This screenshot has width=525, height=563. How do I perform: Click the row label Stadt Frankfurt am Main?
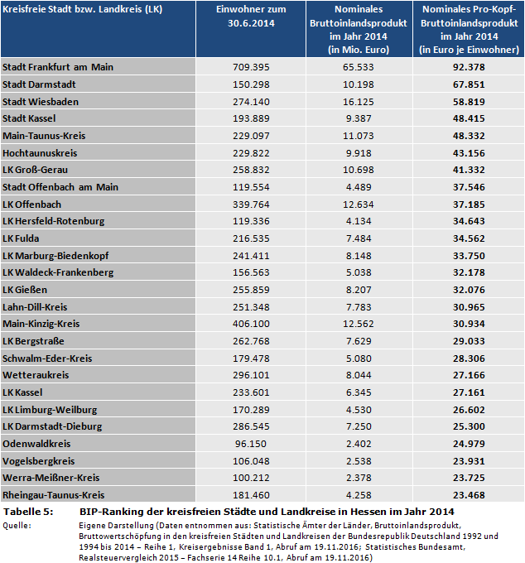pos(57,66)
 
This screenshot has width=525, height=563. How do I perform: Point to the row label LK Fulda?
pos(25,238)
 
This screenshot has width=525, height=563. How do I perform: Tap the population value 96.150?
pos(251,444)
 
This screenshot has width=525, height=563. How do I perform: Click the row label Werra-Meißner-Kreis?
pos(51,478)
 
